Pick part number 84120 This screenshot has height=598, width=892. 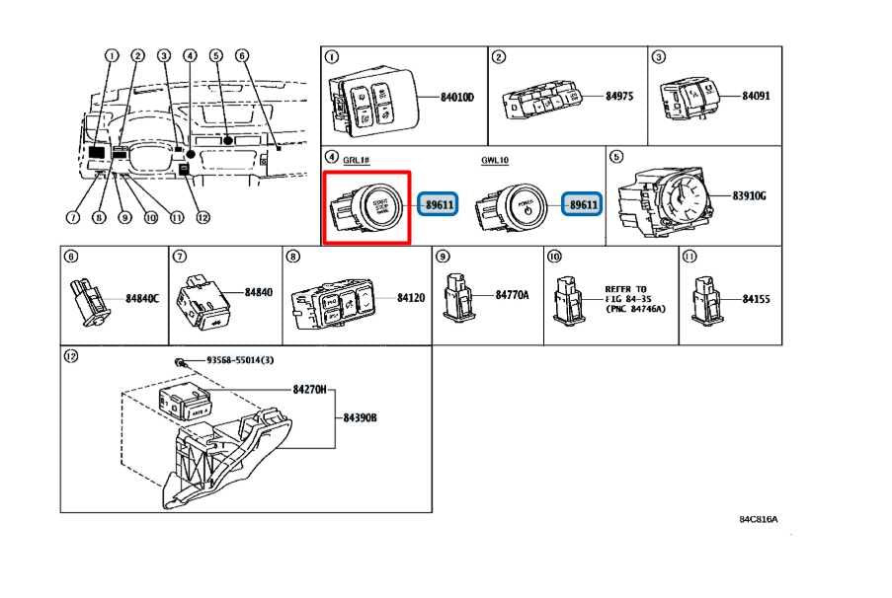pyautogui.click(x=411, y=296)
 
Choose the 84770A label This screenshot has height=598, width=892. pyautogui.click(x=512, y=295)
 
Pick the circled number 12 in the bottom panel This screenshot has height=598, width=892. pyautogui.click(x=70, y=355)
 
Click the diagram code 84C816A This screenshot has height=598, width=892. pyautogui.click(x=758, y=519)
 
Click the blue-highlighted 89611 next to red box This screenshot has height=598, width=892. pyautogui.click(x=439, y=204)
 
